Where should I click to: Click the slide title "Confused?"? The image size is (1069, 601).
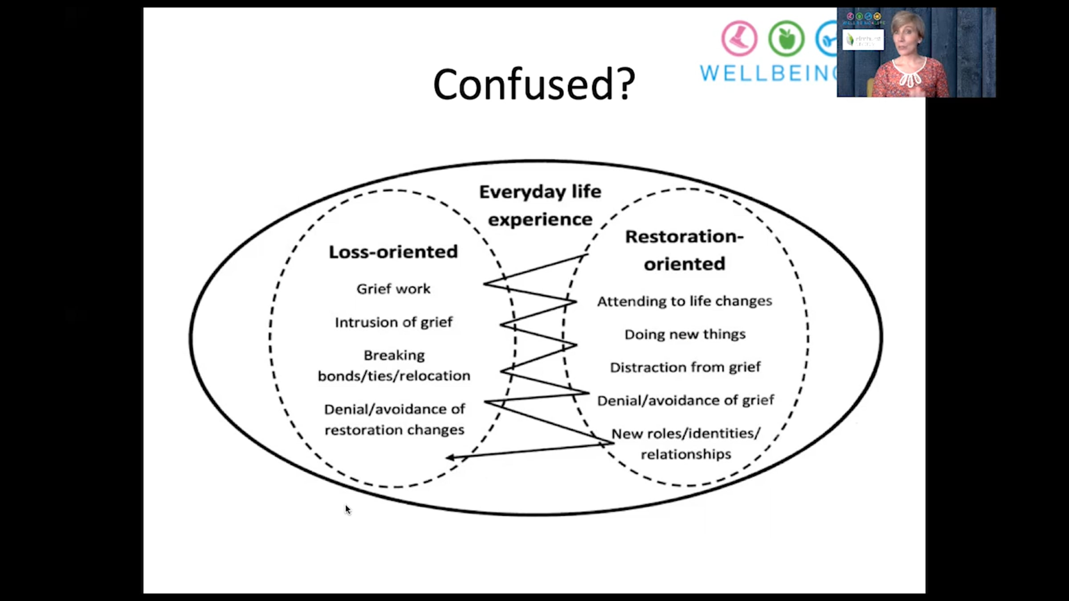(534, 85)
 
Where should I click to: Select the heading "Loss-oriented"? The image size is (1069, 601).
(393, 252)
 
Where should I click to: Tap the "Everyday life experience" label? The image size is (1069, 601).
(540, 205)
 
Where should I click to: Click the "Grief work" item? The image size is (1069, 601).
(393, 289)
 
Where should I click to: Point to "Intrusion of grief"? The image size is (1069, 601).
(393, 322)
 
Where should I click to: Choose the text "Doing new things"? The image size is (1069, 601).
(685, 334)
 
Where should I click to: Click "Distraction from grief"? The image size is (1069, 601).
(685, 367)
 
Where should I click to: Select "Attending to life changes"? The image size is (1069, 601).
(685, 301)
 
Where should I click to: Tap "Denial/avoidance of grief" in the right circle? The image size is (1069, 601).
(685, 400)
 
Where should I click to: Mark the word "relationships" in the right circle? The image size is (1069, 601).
(686, 454)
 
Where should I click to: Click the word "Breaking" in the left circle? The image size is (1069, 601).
(394, 355)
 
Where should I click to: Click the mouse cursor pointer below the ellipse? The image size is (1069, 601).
(347, 509)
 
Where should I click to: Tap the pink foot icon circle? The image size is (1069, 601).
(739, 39)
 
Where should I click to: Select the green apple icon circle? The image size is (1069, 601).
(786, 39)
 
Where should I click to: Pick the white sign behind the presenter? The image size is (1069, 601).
(863, 40)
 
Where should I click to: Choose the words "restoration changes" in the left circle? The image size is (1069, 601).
(394, 430)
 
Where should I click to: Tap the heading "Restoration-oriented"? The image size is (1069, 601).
(685, 250)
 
